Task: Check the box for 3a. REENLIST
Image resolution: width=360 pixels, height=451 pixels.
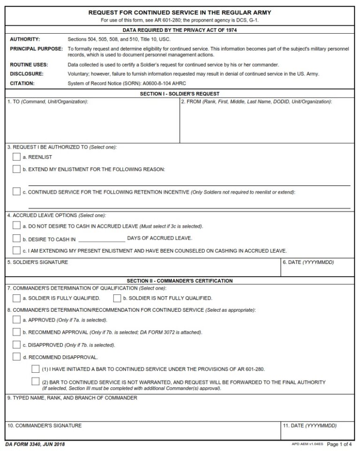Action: tap(16, 157)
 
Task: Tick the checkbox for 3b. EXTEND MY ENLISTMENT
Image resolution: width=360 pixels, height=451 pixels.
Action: tap(16, 169)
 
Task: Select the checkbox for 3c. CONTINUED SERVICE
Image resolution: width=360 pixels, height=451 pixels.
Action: tap(16, 192)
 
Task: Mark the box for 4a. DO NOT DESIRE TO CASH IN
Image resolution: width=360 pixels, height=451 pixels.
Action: tap(16, 226)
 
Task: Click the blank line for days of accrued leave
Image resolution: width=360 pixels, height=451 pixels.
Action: tap(101, 240)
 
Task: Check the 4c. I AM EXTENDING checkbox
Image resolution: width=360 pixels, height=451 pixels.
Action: tap(16, 250)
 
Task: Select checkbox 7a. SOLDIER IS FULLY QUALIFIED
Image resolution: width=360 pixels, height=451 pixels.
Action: tap(16, 298)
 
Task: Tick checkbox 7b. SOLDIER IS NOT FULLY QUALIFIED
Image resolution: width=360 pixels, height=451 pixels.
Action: tap(117, 298)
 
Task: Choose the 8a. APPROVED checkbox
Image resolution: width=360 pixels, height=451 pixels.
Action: tap(16, 320)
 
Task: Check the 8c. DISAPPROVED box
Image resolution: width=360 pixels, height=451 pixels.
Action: tap(16, 345)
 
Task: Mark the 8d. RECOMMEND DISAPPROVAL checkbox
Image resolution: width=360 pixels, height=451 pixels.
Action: tap(16, 357)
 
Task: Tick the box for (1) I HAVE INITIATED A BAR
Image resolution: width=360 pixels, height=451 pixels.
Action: tap(35, 369)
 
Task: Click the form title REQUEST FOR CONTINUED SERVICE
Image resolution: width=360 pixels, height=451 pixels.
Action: tap(180, 13)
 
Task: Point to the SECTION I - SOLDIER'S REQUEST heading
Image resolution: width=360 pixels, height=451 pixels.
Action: tap(180, 94)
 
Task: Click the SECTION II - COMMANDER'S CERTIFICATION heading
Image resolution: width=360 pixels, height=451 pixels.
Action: tap(180, 281)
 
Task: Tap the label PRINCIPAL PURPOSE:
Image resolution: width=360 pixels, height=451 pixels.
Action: tap(36, 49)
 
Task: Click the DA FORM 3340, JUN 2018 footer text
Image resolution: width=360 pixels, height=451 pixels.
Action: tap(35, 444)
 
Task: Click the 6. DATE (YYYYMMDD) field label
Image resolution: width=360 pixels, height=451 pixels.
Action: tap(308, 263)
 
